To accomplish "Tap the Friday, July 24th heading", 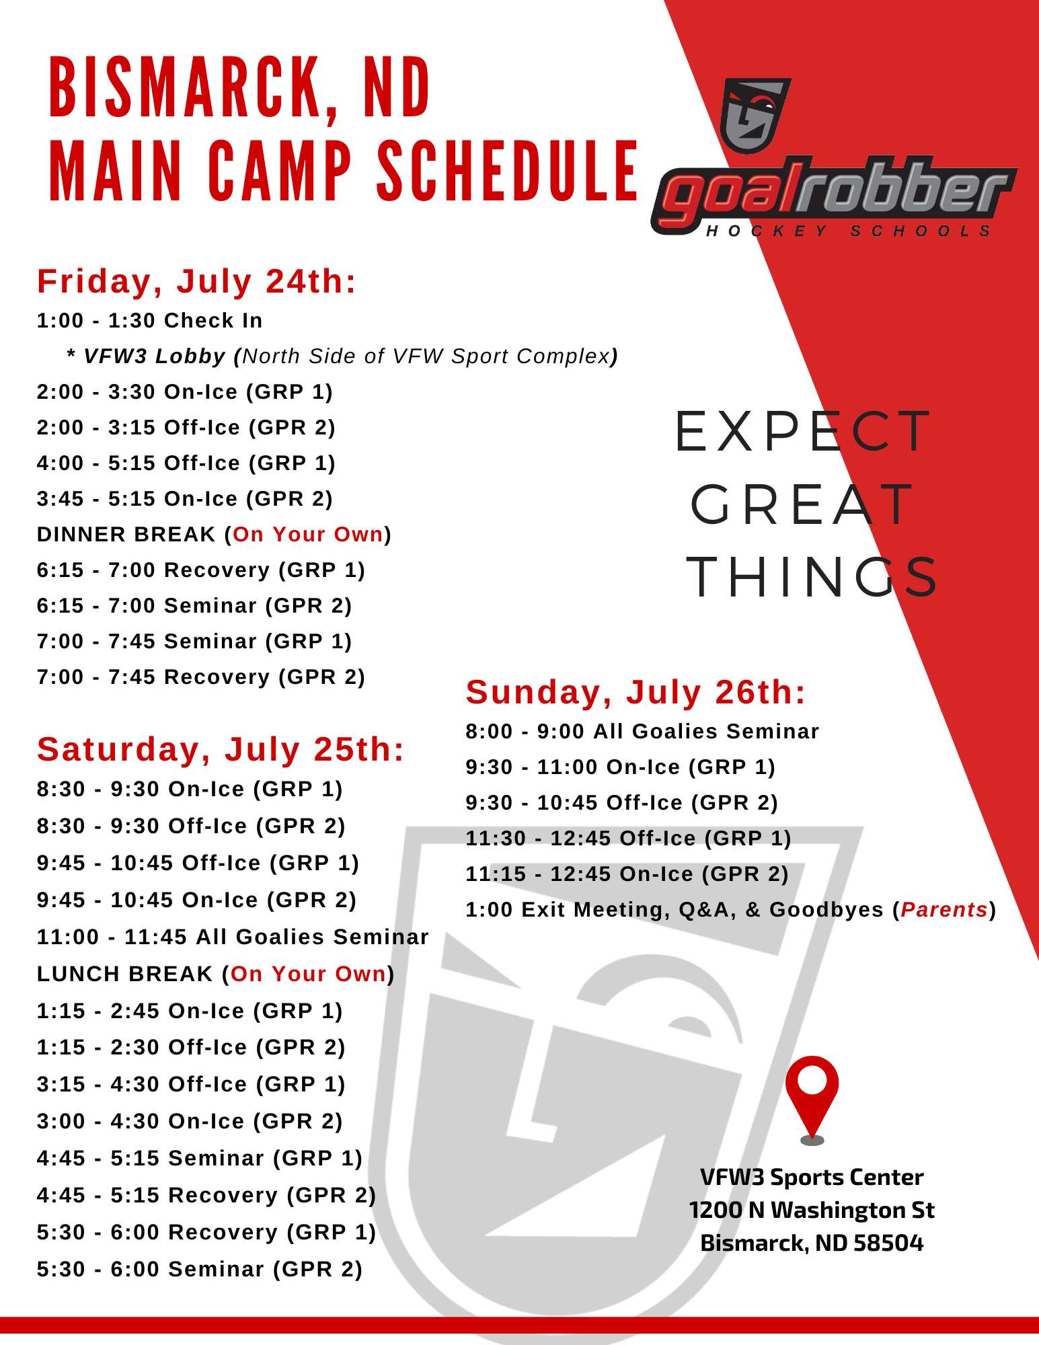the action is pyautogui.click(x=196, y=281).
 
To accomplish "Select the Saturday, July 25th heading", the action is pyautogui.click(x=221, y=749).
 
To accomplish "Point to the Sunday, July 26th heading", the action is pyautogui.click(x=636, y=692).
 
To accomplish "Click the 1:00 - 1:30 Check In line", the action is pyautogui.click(x=149, y=320).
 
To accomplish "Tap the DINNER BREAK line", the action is pyautogui.click(x=214, y=534).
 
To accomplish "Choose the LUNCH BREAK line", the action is pyautogui.click(x=215, y=974).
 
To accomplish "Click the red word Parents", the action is pyautogui.click(x=944, y=909).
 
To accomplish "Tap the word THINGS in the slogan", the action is pyautogui.click(x=812, y=576).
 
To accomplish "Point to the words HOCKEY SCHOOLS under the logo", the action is pyautogui.click(x=849, y=231).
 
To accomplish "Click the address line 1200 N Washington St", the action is pyautogui.click(x=812, y=1210).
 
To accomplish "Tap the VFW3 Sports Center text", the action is pyautogui.click(x=812, y=1177).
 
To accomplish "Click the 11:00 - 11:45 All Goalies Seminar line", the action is pyautogui.click(x=233, y=937).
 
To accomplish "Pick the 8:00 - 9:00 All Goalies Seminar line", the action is pyautogui.click(x=642, y=731).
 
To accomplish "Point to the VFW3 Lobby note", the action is pyautogui.click(x=342, y=356).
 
